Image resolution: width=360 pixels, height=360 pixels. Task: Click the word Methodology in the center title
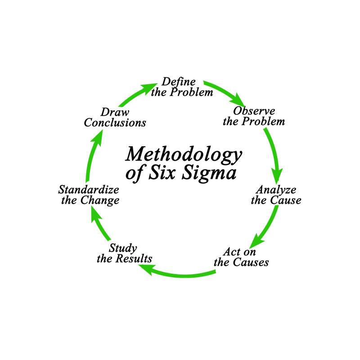pos(183,154)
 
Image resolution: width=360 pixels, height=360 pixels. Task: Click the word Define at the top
pos(179,82)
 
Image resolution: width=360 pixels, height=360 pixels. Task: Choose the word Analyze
pos(276,189)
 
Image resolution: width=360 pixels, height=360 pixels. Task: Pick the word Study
pos(123,248)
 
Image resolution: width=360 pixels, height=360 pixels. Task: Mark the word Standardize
pos(89,189)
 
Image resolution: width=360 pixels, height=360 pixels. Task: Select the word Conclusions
pos(115,122)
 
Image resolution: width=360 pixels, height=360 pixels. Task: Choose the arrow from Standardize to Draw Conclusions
pos(90,157)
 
